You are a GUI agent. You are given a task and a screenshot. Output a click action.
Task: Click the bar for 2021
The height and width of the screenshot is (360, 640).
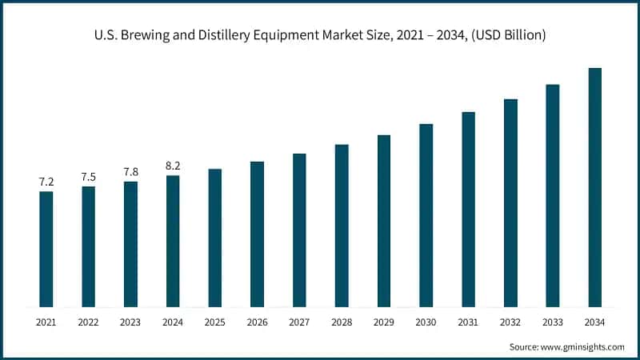46,250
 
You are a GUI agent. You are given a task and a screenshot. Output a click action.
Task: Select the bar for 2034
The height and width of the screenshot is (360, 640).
595,188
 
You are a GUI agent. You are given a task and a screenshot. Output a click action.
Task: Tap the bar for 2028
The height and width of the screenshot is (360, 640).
342,226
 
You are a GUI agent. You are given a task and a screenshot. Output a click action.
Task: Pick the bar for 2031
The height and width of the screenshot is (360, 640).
468,210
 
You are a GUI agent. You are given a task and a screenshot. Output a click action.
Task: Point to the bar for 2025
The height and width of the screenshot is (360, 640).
215,238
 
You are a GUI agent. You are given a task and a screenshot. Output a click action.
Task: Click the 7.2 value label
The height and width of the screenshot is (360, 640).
46,182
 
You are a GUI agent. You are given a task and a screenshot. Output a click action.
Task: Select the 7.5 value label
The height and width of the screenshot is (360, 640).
89,177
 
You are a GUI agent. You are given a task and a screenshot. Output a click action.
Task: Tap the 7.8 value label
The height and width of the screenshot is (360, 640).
130,172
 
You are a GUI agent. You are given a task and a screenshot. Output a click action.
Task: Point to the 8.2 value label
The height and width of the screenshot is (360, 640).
173,166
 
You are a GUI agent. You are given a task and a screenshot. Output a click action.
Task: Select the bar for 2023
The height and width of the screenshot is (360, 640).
130,245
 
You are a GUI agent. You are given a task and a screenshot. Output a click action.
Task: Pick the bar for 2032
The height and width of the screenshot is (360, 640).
510,203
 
